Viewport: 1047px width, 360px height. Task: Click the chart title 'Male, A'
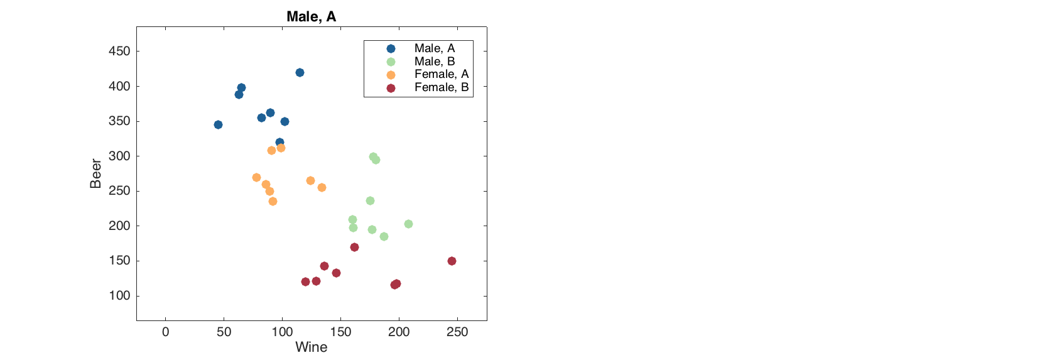(x=311, y=16)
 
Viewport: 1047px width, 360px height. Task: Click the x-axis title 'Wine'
(x=311, y=347)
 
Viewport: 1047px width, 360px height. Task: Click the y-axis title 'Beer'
(x=95, y=173)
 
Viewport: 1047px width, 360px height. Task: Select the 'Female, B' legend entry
(x=441, y=87)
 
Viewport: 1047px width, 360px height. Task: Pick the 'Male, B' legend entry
(x=434, y=62)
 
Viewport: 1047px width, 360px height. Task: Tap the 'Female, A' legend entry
(x=441, y=74)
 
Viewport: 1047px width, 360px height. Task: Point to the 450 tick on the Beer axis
(x=119, y=52)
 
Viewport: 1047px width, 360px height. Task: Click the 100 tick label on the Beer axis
(x=119, y=295)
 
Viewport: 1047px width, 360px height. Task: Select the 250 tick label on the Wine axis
(x=457, y=332)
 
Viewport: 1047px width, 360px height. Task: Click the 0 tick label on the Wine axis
(x=166, y=332)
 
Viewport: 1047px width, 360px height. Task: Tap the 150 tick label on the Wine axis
(x=340, y=332)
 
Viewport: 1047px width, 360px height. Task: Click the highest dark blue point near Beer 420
(x=300, y=72)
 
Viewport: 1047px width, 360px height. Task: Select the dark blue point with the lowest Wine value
(x=218, y=124)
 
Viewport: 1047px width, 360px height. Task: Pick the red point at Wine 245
(x=452, y=261)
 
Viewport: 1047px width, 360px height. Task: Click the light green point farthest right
(x=408, y=224)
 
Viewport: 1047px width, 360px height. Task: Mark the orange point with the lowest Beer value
(x=273, y=201)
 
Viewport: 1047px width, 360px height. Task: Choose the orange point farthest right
(x=322, y=187)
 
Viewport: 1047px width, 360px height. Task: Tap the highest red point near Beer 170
(x=354, y=247)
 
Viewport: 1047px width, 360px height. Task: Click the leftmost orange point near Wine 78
(x=256, y=177)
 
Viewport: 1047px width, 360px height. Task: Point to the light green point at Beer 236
(x=370, y=200)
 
